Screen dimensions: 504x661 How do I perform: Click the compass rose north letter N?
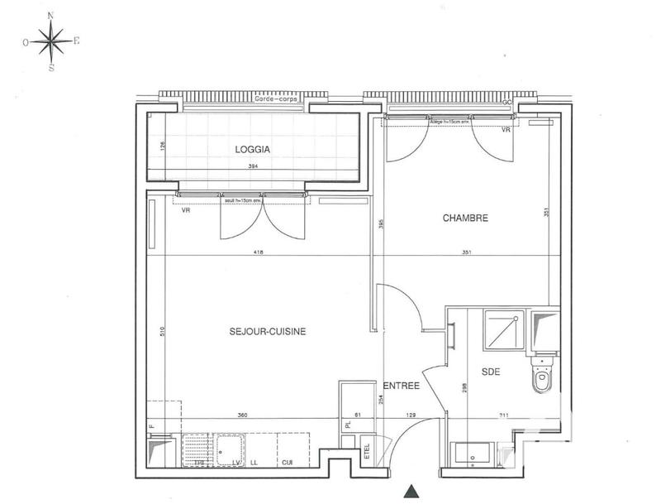click(x=51, y=16)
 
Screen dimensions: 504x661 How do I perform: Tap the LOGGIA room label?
click(x=252, y=150)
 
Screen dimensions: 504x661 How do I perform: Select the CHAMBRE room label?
click(x=465, y=218)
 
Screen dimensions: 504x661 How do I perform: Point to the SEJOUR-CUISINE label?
click(x=268, y=331)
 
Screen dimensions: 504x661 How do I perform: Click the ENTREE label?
click(x=402, y=386)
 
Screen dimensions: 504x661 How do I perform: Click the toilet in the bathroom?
click(x=543, y=381)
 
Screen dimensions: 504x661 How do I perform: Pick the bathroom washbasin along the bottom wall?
click(x=473, y=455)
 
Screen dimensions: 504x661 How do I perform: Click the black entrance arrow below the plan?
click(x=411, y=492)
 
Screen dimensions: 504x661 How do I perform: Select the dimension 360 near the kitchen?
click(x=242, y=414)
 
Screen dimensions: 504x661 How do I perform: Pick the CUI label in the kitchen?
click(x=288, y=463)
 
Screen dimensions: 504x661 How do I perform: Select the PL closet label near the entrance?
click(x=349, y=425)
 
